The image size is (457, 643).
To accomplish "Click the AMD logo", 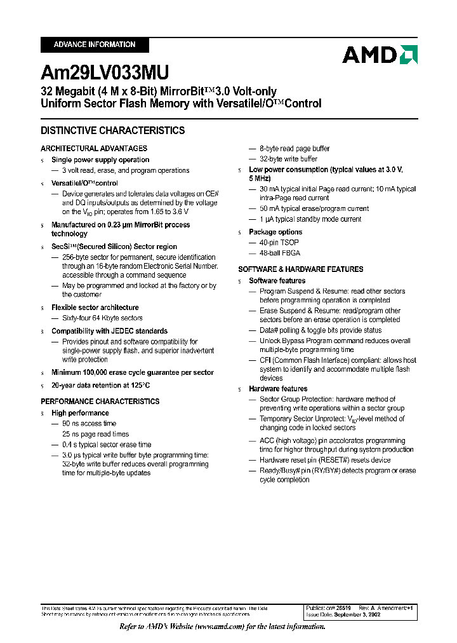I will click(x=380, y=55).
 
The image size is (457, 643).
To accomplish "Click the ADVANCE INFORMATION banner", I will click(x=95, y=44).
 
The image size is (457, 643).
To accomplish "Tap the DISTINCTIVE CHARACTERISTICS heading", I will click(x=113, y=131).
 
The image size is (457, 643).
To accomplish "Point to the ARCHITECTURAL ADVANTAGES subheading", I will click(x=94, y=149).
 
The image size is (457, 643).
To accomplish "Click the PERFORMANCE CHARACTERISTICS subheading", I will click(x=100, y=402).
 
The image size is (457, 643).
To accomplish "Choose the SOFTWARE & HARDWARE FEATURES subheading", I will click(x=301, y=269).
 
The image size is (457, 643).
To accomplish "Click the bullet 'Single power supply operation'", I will click(x=100, y=160).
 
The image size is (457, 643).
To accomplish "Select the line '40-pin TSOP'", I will click(x=279, y=243).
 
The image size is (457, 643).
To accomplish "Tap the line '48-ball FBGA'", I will click(x=280, y=253).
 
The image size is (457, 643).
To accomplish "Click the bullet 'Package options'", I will click(x=275, y=232).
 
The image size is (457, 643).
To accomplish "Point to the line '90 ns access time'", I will click(x=89, y=423).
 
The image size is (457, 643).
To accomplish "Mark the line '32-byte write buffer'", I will click(x=288, y=159).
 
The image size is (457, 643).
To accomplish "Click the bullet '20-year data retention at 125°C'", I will click(x=101, y=385).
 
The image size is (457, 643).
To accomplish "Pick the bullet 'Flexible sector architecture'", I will click(x=95, y=308).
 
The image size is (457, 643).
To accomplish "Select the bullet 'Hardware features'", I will click(x=278, y=389).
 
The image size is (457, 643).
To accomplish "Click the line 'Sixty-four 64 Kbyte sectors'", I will click(x=102, y=318).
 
